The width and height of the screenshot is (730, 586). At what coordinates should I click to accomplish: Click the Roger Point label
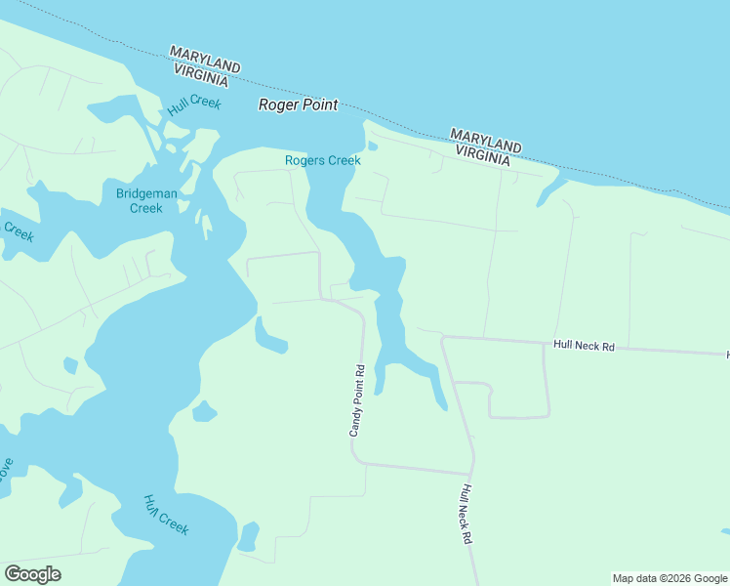(298, 105)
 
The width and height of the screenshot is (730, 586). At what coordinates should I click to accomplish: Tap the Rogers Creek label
(322, 160)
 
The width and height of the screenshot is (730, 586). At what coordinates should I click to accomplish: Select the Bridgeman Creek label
(146, 200)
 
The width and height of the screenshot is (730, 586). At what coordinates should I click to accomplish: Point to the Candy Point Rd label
(358, 400)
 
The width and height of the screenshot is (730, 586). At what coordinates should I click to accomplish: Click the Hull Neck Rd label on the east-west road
(584, 345)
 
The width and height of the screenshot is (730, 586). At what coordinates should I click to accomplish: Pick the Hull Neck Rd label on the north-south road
(467, 514)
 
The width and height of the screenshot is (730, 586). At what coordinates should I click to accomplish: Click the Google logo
(32, 574)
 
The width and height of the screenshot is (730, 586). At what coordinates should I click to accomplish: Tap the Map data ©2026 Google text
(669, 578)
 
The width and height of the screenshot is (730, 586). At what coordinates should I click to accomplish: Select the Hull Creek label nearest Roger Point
(194, 106)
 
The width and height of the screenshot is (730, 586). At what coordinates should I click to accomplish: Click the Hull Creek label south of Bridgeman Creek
(165, 516)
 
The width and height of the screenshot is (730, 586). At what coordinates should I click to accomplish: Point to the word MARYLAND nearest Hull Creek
(205, 58)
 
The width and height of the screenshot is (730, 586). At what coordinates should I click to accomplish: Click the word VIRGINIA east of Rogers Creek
(481, 152)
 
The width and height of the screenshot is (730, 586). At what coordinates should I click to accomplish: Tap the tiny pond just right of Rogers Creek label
(373, 147)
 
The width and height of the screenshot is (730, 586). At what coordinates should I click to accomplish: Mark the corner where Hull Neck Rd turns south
(444, 339)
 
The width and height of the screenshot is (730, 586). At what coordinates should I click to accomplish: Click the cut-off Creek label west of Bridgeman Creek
(18, 232)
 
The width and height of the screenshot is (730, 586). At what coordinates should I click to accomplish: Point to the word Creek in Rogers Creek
(344, 160)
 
